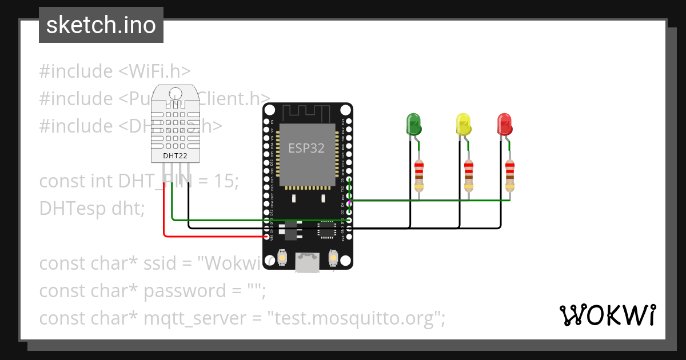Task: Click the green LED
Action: coord(413,125)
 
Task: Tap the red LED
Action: coord(504,125)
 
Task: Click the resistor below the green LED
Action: coord(419,175)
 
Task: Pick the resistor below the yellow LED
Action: coord(469,175)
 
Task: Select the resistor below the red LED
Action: coord(510,175)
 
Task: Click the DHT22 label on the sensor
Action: coord(174,155)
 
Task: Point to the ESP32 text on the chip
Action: coord(306,149)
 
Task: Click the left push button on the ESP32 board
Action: coord(282,259)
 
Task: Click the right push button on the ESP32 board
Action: coord(333,259)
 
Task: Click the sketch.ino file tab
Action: coord(101,25)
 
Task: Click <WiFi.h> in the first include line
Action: coord(154,71)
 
